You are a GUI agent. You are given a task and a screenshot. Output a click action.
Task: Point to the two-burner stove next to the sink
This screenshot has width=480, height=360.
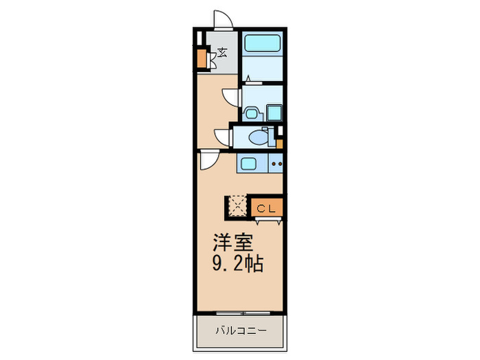[276, 164]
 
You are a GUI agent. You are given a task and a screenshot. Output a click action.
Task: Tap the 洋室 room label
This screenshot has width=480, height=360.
[233, 242]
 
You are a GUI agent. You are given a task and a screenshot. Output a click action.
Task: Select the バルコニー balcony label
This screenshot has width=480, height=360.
[239, 330]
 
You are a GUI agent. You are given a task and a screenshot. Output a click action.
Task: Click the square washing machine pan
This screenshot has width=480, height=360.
[274, 112]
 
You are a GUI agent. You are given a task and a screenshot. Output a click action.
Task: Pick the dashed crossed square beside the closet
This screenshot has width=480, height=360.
[237, 206]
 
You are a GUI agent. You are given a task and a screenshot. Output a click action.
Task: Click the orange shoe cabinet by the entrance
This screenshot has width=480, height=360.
[202, 58]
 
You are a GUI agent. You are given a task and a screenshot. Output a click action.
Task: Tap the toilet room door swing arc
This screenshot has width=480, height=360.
[224, 136]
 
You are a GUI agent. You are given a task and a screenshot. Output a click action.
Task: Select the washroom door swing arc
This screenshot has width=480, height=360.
[231, 97]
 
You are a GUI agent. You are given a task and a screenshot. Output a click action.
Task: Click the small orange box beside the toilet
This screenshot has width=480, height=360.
[280, 144]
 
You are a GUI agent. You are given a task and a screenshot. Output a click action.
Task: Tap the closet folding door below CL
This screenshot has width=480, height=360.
[266, 220]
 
